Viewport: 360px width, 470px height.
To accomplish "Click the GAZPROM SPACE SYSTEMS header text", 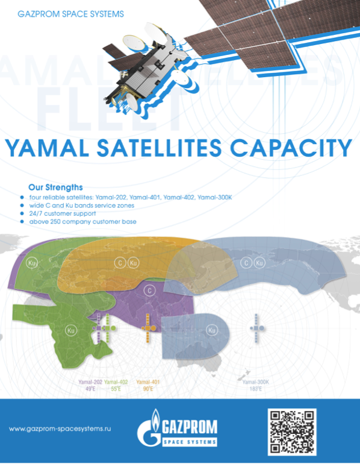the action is click(70, 14).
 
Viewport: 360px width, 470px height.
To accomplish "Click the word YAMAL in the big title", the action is click(47, 148).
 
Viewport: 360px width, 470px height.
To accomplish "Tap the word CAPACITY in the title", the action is click(291, 148).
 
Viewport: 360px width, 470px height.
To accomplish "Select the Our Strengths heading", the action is click(55, 187).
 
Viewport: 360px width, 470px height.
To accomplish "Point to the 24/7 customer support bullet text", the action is click(63, 213).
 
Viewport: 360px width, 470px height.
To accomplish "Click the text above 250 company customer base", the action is click(82, 222).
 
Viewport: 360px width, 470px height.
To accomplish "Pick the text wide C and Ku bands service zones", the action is click(81, 205).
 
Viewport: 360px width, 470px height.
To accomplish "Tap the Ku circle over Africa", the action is click(70, 331).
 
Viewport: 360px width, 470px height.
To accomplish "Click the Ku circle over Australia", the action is click(211, 330).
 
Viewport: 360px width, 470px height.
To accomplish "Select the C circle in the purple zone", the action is click(149, 290).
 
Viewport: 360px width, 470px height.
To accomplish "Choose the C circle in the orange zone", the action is click(120, 263).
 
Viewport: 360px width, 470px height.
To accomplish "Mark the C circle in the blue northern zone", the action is click(246, 263).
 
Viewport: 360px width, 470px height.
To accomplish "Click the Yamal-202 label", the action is click(90, 382).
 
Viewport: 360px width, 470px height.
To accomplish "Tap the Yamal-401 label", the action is click(148, 382).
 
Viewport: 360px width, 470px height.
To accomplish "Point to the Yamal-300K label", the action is click(255, 382).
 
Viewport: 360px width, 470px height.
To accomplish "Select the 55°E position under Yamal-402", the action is click(116, 389).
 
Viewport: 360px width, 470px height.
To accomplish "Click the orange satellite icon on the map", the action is click(149, 328).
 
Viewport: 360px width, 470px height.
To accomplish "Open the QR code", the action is click(292, 432).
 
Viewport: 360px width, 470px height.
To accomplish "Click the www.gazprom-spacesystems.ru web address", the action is click(60, 429).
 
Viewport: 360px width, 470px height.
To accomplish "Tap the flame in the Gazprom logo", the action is click(155, 418).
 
